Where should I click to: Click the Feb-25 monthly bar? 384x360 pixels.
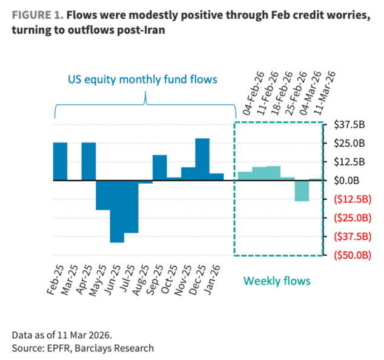[60, 161]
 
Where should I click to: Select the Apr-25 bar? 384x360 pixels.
[88, 161]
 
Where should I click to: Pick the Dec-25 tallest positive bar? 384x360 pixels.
[202, 159]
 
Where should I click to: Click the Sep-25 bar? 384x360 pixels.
[159, 168]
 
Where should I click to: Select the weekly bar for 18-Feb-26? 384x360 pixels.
[273, 173]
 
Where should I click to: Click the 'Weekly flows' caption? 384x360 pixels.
[277, 281]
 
